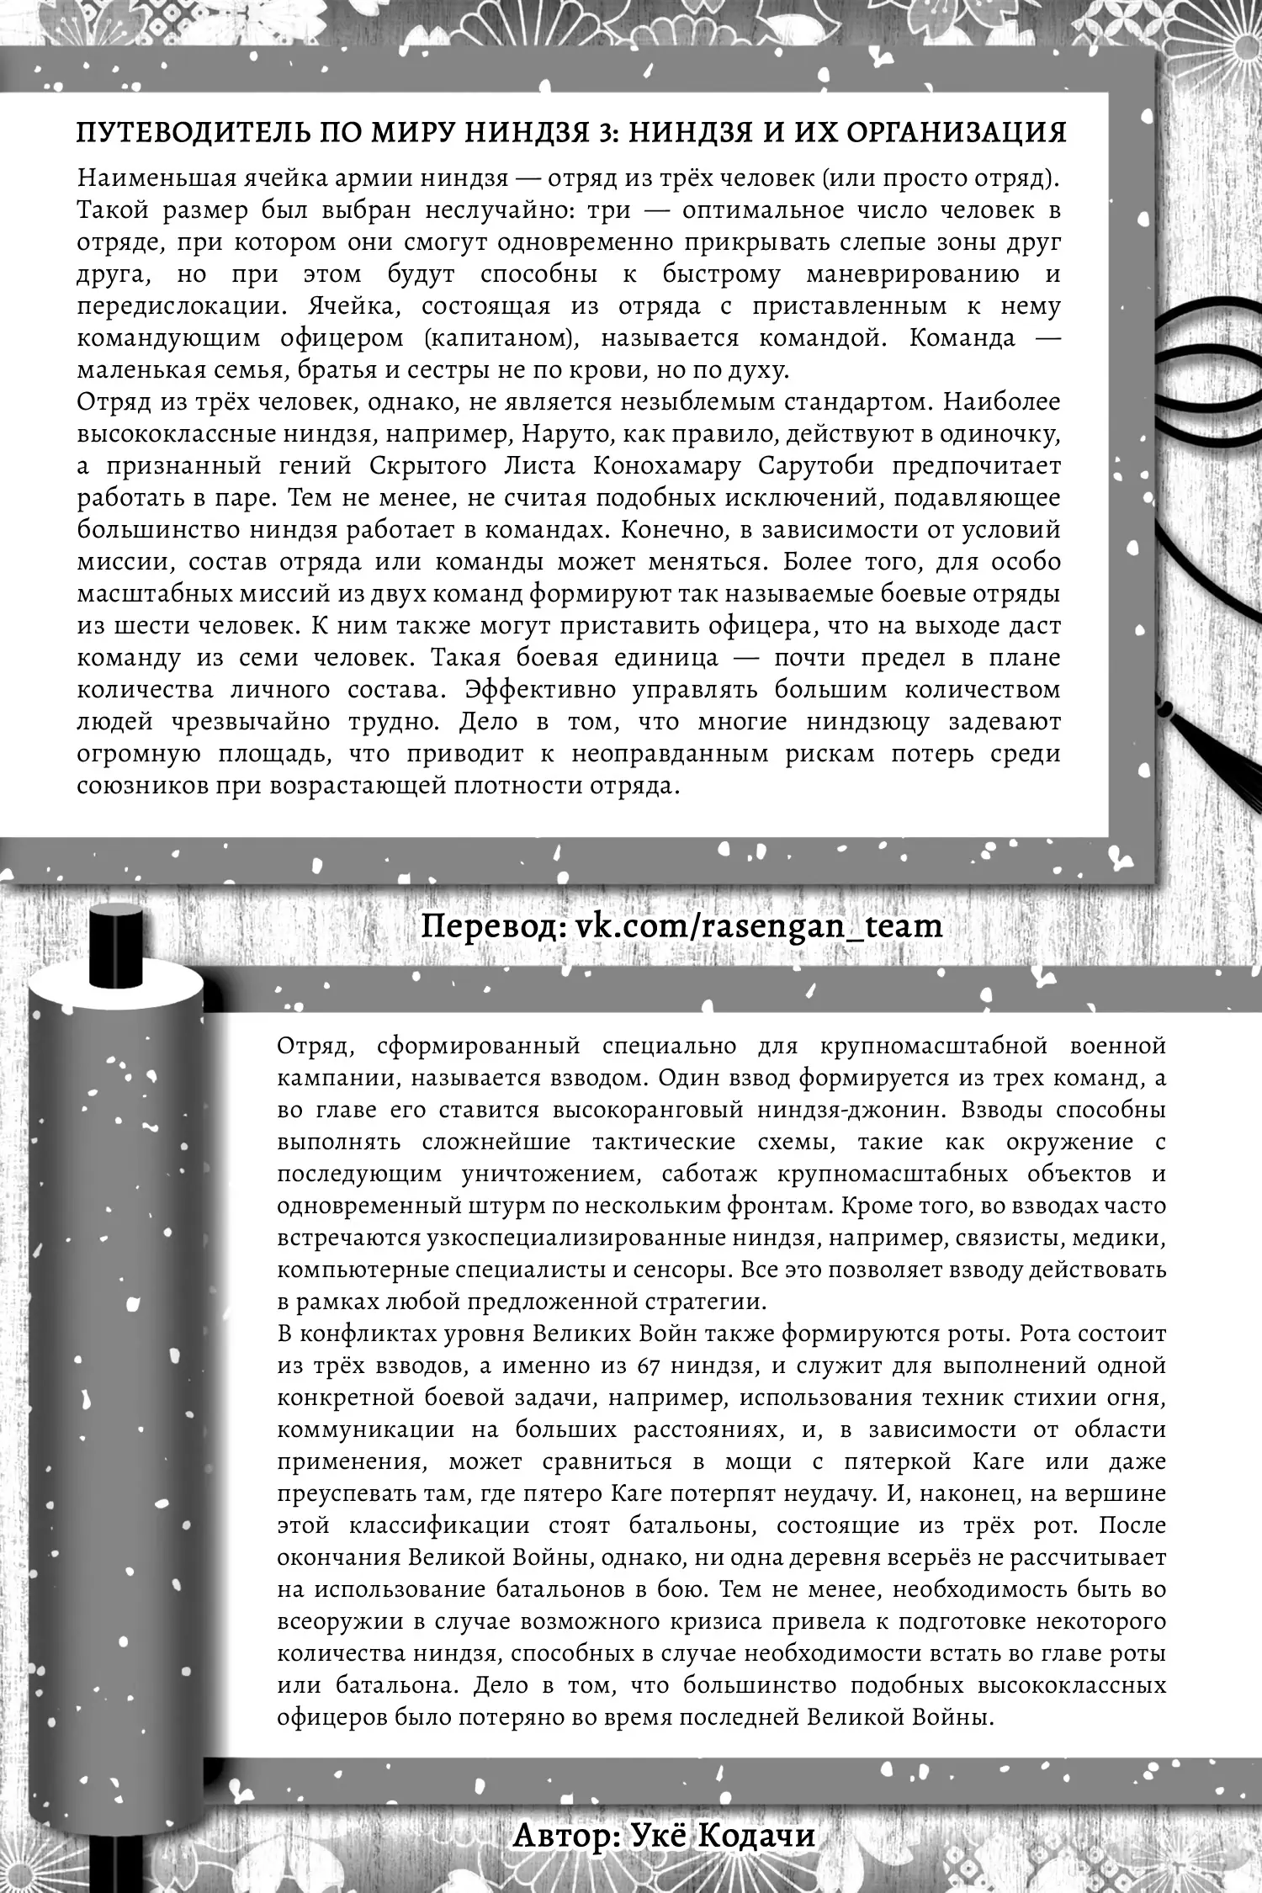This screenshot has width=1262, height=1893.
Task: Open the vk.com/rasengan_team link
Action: pyautogui.click(x=759, y=925)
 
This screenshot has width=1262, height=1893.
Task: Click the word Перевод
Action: pyautogui.click(x=489, y=925)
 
